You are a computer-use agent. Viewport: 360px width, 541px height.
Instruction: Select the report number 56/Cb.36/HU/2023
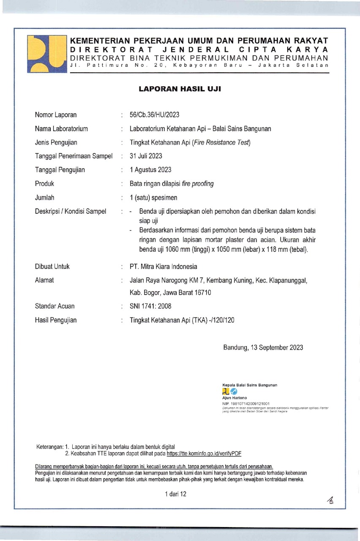(x=155, y=115)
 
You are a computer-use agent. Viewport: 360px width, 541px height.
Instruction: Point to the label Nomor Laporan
(x=56, y=115)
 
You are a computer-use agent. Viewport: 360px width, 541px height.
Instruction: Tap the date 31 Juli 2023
(x=146, y=156)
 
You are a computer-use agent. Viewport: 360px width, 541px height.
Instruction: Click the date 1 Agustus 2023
(x=150, y=170)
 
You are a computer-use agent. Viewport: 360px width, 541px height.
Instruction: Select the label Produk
(x=45, y=183)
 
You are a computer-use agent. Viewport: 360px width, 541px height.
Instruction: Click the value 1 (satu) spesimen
(x=153, y=197)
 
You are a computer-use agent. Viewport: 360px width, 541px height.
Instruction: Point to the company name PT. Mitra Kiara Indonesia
(x=163, y=267)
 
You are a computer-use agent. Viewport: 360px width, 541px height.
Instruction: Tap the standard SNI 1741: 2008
(x=150, y=306)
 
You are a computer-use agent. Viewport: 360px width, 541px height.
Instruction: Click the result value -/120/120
(x=220, y=320)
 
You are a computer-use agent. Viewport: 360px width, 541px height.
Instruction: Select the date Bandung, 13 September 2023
(x=263, y=348)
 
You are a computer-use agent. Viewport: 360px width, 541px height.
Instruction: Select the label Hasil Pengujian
(x=56, y=320)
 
